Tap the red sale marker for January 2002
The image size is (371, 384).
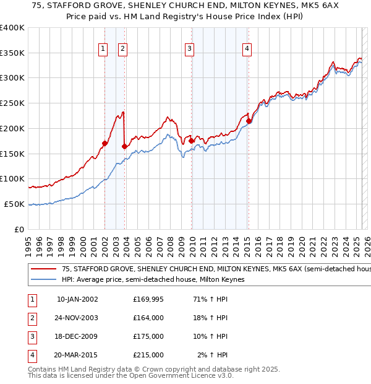click(x=104, y=144)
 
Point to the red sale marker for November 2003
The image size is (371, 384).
click(x=125, y=147)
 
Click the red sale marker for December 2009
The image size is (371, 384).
click(x=191, y=141)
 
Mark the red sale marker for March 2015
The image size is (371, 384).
click(x=249, y=121)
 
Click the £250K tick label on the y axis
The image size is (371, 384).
click(x=12, y=103)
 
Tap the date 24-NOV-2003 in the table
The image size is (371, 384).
click(x=77, y=318)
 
